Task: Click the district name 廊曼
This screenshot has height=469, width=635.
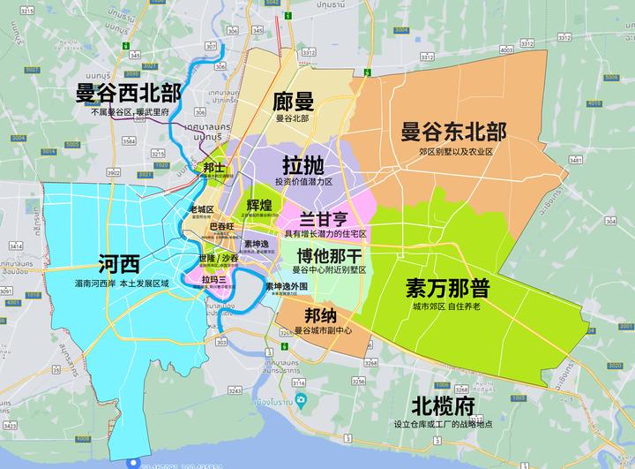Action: coord(295,101)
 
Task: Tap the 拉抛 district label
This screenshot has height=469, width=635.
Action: coord(303,165)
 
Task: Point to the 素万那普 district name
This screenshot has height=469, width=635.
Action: coord(448,289)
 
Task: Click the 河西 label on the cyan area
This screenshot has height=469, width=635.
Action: coord(119,263)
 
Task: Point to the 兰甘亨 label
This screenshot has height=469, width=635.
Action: coord(325,218)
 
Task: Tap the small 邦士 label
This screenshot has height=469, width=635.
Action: coord(213,167)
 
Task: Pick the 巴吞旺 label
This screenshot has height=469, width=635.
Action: coord(220,228)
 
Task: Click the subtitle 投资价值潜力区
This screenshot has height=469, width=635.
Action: coord(303,182)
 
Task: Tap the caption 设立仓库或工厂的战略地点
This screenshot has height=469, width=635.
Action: coord(443,424)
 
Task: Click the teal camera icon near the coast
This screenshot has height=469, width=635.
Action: coord(302,401)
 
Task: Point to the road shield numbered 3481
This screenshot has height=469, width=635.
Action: coord(575,161)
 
